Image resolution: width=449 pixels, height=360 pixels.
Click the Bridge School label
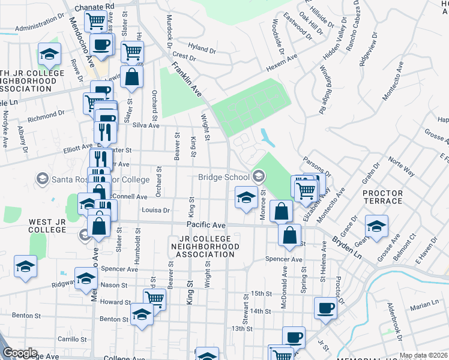[223, 177]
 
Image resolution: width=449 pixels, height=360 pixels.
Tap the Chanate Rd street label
[94, 7]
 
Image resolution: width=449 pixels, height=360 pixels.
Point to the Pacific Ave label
[205, 225]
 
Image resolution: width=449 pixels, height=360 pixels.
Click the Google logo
[20, 353]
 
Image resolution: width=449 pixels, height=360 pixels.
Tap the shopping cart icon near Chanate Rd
[95, 22]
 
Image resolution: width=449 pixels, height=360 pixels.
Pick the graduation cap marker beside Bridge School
[246, 197]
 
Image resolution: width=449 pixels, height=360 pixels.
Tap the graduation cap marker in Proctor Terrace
[376, 226]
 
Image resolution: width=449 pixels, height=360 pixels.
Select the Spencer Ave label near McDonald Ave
[284, 259]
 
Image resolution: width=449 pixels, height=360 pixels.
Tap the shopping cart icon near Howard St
[154, 298]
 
